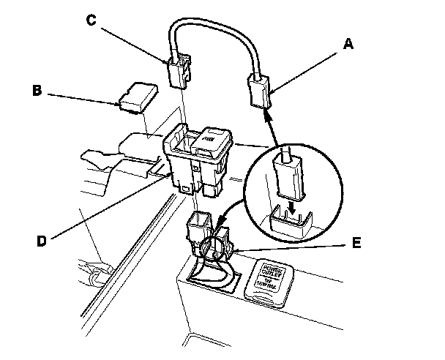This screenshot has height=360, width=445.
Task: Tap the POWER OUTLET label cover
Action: [x=272, y=279]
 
